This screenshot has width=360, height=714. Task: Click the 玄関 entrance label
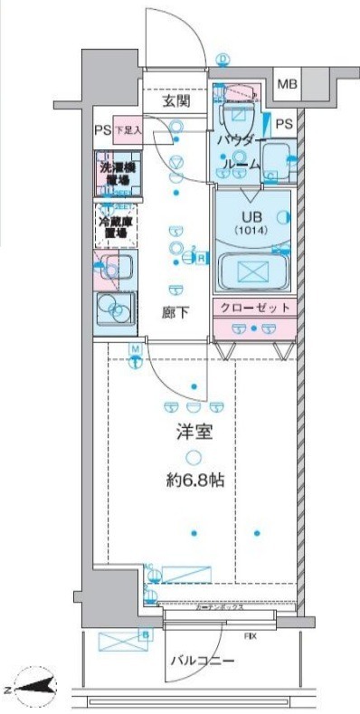point(176,101)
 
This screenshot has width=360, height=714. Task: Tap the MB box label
point(286,85)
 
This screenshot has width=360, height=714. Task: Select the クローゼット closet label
point(253,308)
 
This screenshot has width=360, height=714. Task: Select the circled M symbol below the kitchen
point(135,349)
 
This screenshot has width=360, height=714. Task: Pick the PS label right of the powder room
point(284,124)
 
